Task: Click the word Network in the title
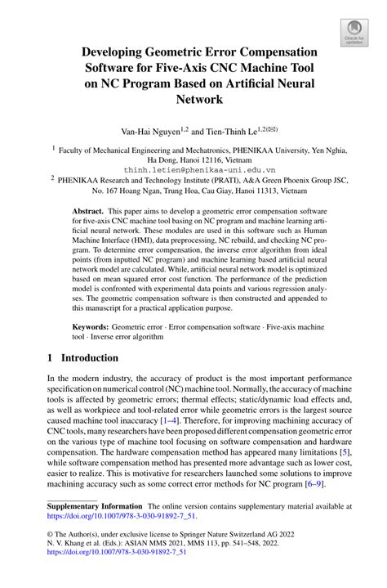click(x=193, y=100)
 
